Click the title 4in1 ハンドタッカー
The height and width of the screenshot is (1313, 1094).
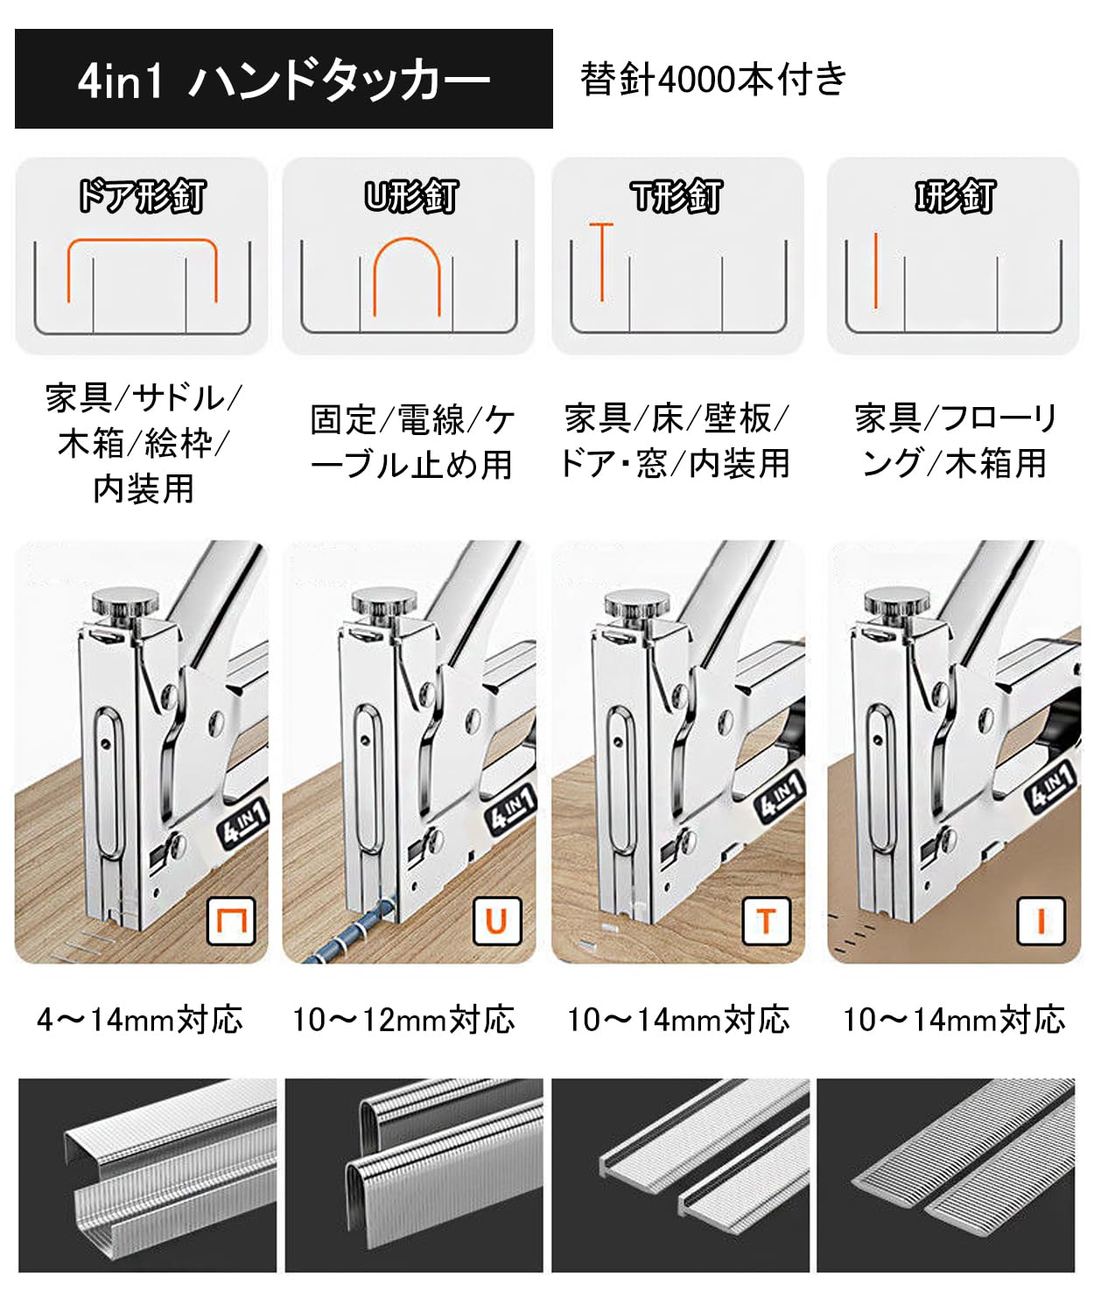tap(284, 80)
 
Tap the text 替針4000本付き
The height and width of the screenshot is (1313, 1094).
tap(713, 80)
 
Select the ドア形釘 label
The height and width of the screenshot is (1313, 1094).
tap(142, 196)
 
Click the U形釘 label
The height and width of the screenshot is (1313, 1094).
tap(410, 196)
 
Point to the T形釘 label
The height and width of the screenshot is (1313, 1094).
tap(677, 196)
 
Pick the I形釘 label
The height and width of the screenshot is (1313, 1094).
tap(954, 196)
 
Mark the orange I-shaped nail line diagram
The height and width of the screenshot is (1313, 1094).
tap(875, 270)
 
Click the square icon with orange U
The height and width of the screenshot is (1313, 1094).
tap(496, 921)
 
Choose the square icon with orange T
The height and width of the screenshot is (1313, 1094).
tap(766, 921)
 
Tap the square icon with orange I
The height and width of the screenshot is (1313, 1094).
tap(1041, 921)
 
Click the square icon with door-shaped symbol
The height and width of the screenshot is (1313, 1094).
tap(231, 921)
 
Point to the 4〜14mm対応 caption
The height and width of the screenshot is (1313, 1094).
tap(140, 1020)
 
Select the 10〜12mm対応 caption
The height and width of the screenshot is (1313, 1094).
tap(404, 1020)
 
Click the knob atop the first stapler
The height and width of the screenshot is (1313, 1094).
tap(125, 603)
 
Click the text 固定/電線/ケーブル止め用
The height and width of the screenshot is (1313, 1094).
tap(411, 442)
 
